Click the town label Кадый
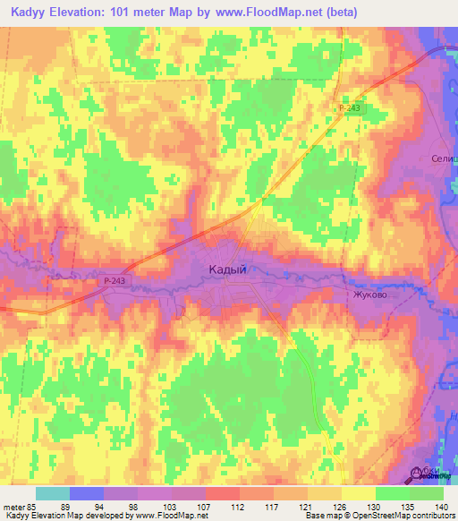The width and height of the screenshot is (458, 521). pyautogui.click(x=227, y=268)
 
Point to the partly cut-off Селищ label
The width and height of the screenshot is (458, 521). pyautogui.click(x=443, y=158)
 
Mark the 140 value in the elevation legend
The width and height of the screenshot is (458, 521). pyautogui.click(x=441, y=506)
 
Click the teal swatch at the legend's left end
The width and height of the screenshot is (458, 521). pyautogui.click(x=53, y=493)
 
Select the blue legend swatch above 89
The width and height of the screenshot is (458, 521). pyautogui.click(x=87, y=493)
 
